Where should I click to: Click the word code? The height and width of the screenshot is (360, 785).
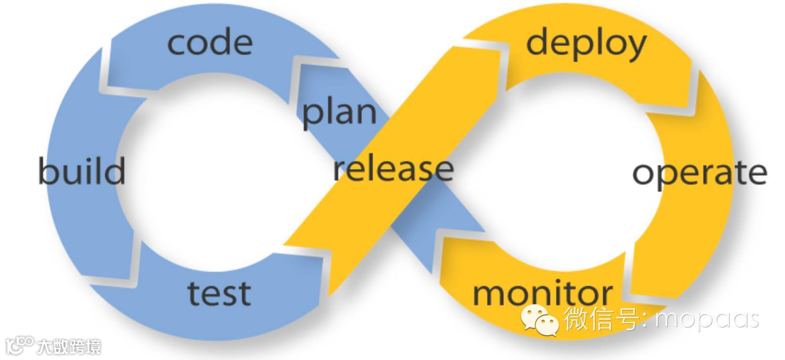209,43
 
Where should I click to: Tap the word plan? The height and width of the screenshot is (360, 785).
339,112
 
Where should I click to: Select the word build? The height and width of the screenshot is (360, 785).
82,171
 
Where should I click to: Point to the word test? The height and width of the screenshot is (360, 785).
219,293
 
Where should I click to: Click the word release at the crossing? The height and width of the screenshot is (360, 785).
393,169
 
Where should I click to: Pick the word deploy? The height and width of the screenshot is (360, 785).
586,43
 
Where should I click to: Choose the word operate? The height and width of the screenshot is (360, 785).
699,173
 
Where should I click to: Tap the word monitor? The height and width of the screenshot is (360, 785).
542,294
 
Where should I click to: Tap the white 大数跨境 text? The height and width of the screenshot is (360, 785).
69,347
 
